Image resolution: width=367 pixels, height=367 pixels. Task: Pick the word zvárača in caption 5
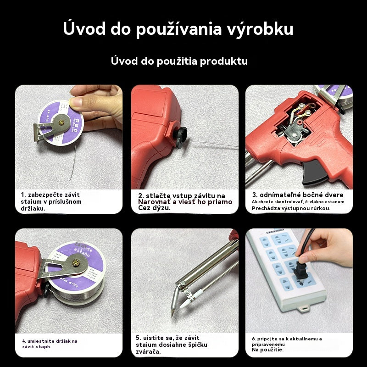[x=149, y=351]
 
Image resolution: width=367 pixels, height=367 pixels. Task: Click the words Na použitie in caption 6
[x=267, y=350]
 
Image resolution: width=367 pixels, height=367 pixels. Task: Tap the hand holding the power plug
[x=328, y=250]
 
